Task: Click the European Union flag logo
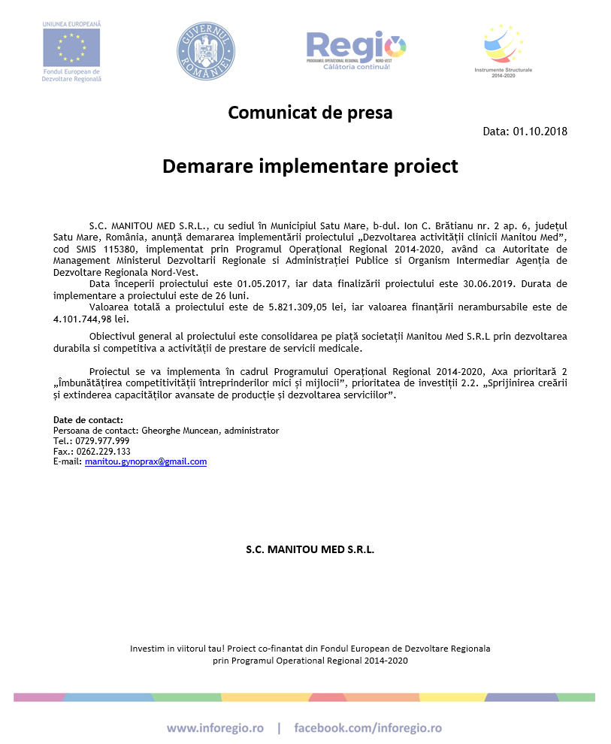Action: point(72,47)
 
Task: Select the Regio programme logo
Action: point(355,48)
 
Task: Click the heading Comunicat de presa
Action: point(310,113)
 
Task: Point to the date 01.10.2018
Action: point(540,132)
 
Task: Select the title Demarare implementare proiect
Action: point(310,166)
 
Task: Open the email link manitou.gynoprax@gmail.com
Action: point(145,462)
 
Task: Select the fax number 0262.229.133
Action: point(102,452)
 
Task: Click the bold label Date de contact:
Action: point(88,420)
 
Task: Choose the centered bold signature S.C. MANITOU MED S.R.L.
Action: point(310,549)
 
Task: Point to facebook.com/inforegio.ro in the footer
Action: point(368,728)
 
